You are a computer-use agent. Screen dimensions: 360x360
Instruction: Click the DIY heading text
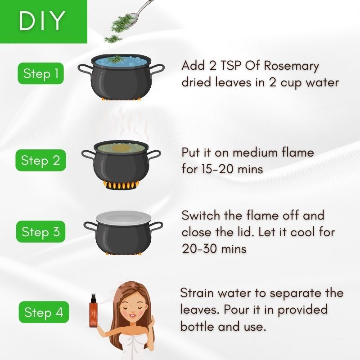coord(42,21)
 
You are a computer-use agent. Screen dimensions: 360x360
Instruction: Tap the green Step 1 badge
coord(40,73)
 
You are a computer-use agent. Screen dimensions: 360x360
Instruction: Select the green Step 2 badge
coord(40,160)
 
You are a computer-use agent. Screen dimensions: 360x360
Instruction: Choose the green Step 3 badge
coord(40,231)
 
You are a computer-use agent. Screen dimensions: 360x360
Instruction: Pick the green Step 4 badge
coord(44,312)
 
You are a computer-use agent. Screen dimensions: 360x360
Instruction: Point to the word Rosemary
coord(291,66)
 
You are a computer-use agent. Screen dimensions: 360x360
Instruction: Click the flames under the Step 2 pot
coord(121,185)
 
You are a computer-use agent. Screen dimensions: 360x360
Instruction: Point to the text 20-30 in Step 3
coord(201,249)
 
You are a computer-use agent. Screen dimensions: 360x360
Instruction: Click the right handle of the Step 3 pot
coord(156,227)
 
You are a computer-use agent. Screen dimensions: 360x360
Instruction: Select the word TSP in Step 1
coord(231,65)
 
